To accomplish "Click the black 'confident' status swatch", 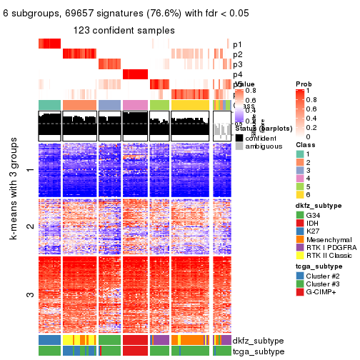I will tap(239, 137).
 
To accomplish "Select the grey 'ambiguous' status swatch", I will tap(239, 146).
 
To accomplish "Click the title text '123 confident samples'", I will tap(124, 30).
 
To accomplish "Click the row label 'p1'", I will tap(237, 44).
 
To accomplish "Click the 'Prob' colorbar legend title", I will tap(304, 84).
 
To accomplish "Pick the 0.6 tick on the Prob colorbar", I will tap(311, 110).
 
